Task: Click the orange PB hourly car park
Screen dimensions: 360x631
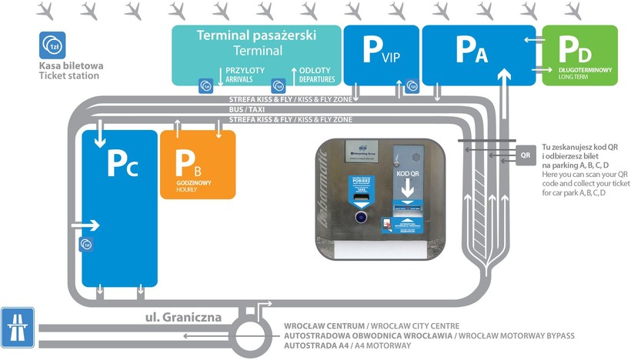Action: click(197, 164)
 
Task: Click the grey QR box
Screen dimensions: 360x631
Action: click(526, 153)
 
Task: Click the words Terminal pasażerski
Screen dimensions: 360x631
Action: click(256, 35)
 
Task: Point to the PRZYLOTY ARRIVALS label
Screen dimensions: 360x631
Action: click(245, 73)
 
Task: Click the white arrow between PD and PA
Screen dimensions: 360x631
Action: click(530, 40)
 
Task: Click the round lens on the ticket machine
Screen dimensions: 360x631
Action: click(359, 218)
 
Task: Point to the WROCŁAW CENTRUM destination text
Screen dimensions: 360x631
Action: click(320, 325)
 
